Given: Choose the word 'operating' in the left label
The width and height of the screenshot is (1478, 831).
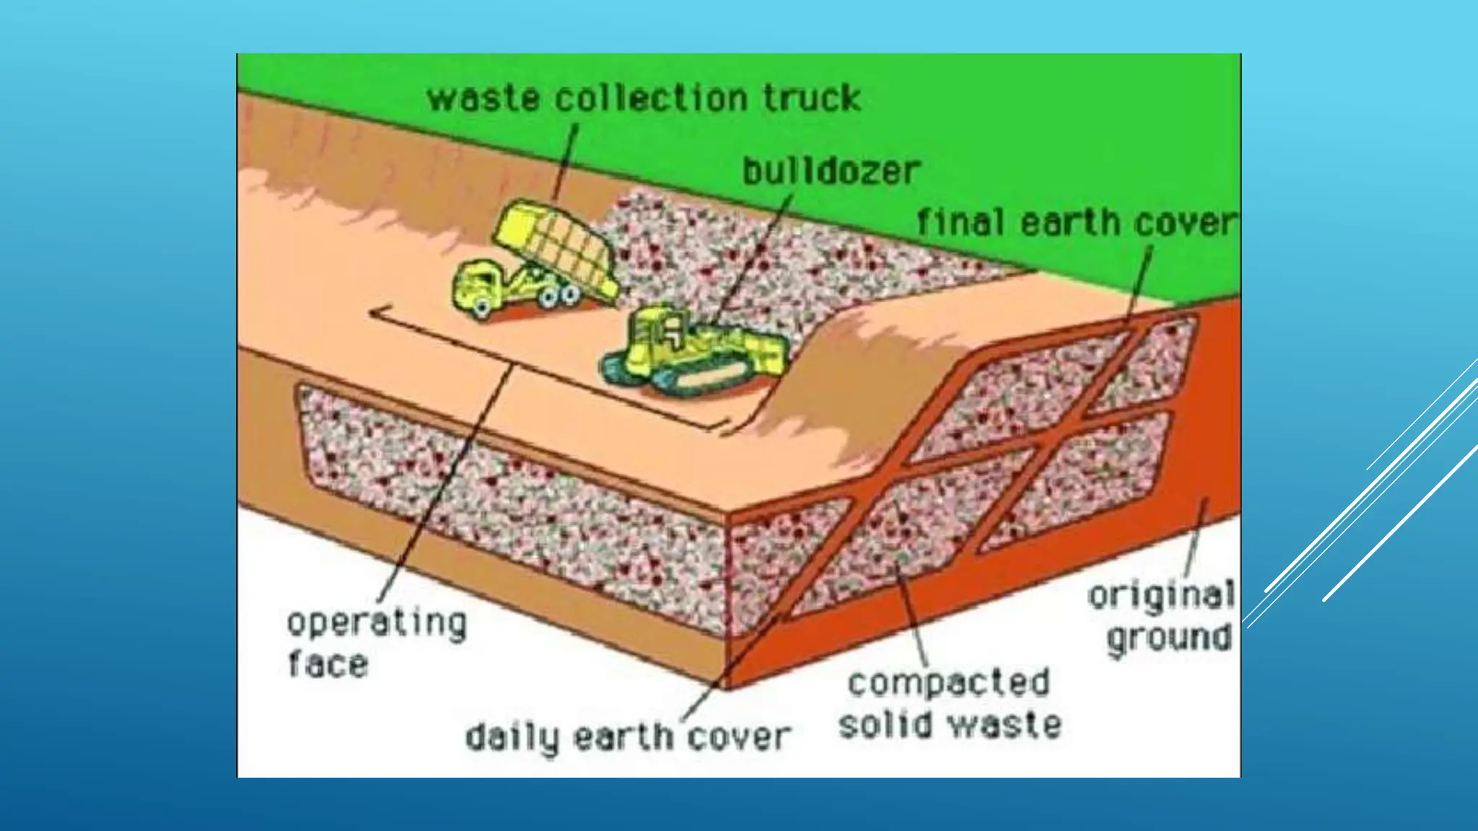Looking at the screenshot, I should pos(377,623).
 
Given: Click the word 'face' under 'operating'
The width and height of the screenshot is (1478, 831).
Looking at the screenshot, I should pos(328,664).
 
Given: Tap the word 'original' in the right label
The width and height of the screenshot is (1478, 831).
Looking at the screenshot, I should pos(1161,596).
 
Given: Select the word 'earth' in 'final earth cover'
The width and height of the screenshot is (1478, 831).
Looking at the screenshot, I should pos(1071,221).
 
